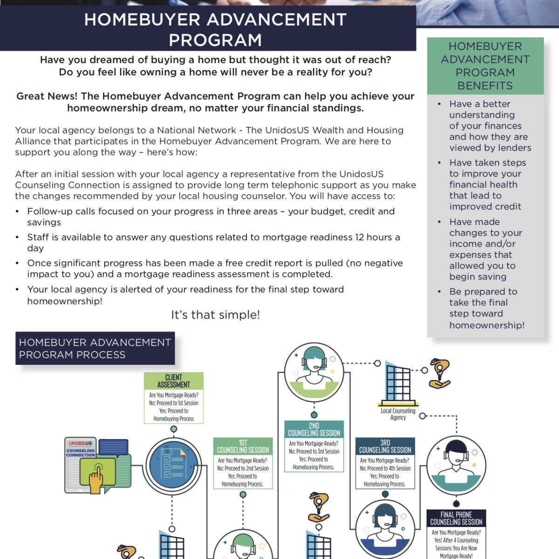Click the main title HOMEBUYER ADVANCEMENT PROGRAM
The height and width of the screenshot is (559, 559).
(215, 29)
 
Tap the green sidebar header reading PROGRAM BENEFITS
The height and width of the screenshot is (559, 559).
(485, 66)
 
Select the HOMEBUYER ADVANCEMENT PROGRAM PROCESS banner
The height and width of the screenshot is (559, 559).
(95, 348)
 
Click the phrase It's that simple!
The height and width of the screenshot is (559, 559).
(215, 315)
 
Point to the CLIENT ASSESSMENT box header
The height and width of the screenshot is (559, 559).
(173, 381)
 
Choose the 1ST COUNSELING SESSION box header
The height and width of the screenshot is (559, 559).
(243, 446)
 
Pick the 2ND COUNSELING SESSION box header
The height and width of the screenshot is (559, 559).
(314, 429)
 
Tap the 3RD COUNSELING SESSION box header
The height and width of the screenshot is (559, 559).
(385, 446)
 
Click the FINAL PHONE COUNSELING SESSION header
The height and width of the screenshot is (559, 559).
(456, 518)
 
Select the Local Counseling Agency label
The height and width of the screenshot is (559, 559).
(398, 414)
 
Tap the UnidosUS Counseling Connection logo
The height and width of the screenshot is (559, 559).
(81, 449)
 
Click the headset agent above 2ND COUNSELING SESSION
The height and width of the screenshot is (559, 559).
(314, 373)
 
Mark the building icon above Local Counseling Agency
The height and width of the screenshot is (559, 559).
(398, 385)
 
